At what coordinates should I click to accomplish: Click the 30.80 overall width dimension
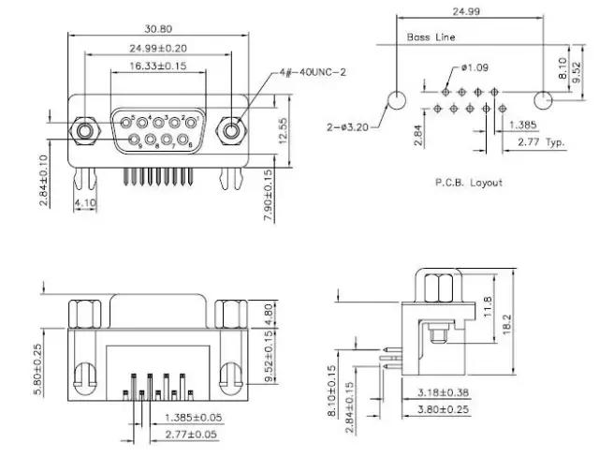157,29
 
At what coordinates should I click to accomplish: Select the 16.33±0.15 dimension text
157,66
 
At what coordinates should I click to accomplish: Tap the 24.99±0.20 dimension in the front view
157,47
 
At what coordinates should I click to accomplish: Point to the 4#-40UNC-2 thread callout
312,72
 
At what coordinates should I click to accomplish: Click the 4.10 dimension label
86,202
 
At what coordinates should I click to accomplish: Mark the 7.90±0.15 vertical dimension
268,195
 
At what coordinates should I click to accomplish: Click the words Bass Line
431,37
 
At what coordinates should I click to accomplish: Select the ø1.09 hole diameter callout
475,68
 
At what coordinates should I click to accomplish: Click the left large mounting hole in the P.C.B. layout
397,99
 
